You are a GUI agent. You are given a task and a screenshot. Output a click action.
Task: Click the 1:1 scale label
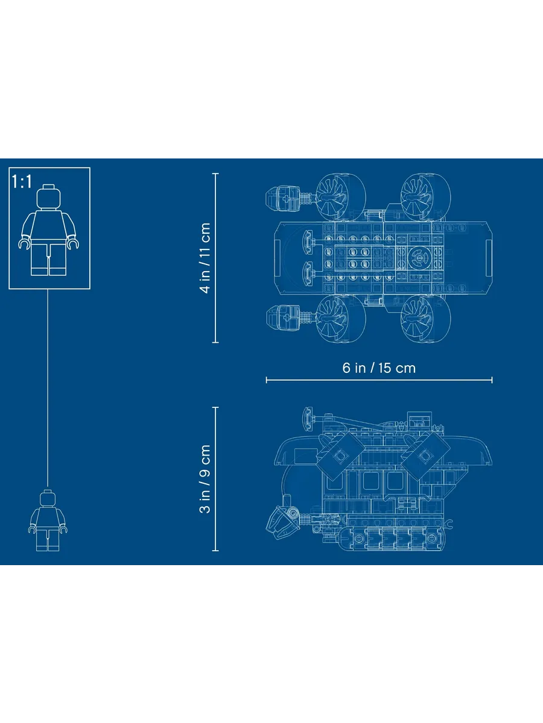(x=22, y=181)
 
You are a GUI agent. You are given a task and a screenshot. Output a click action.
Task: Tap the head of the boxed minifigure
(x=49, y=196)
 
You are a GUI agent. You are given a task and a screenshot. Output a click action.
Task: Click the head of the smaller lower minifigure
(x=48, y=499)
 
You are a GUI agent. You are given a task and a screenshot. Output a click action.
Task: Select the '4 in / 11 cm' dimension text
(x=205, y=258)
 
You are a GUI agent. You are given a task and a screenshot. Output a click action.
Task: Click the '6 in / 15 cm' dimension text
(x=379, y=368)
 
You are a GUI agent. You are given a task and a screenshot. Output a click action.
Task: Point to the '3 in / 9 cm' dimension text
(x=205, y=479)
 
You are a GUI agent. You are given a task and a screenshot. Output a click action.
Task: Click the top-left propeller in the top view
(x=341, y=197)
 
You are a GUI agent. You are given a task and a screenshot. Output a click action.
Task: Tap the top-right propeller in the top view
(x=425, y=197)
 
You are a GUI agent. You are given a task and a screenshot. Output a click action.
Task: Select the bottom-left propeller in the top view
(x=341, y=319)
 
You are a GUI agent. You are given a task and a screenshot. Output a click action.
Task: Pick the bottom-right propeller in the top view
(x=425, y=319)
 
